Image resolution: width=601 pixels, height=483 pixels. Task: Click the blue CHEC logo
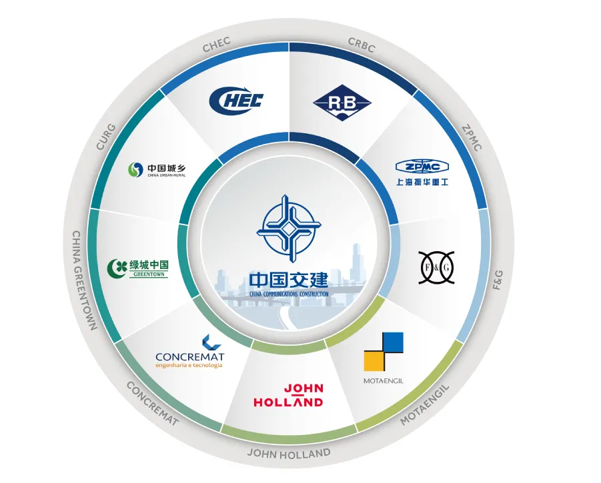coord(236,101)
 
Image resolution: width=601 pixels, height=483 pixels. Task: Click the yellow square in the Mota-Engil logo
coord(374,360)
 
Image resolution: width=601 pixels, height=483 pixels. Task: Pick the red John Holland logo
coord(288,396)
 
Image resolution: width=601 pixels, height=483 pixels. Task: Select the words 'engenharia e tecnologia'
coord(189,365)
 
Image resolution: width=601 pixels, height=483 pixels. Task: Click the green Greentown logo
coord(138,268)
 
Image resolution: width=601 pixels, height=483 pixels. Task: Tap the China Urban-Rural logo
coord(157,171)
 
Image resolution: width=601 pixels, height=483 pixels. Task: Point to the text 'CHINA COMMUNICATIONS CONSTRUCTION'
coord(288,292)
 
